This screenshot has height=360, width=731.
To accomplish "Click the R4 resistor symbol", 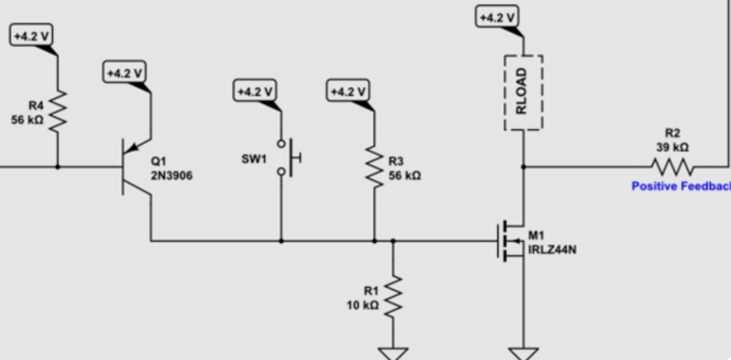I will point(58,111).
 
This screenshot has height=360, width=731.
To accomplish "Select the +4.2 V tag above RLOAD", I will point(497,17).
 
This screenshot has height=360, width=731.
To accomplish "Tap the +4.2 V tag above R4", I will point(31,36).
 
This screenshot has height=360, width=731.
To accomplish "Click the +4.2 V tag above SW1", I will point(255,91).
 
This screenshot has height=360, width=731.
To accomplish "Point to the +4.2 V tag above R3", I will point(347,91).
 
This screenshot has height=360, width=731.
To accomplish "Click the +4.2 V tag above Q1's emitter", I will point(124,72).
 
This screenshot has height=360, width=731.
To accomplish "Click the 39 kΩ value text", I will point(672,146).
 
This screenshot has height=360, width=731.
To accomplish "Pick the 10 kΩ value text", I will point(363,305).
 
